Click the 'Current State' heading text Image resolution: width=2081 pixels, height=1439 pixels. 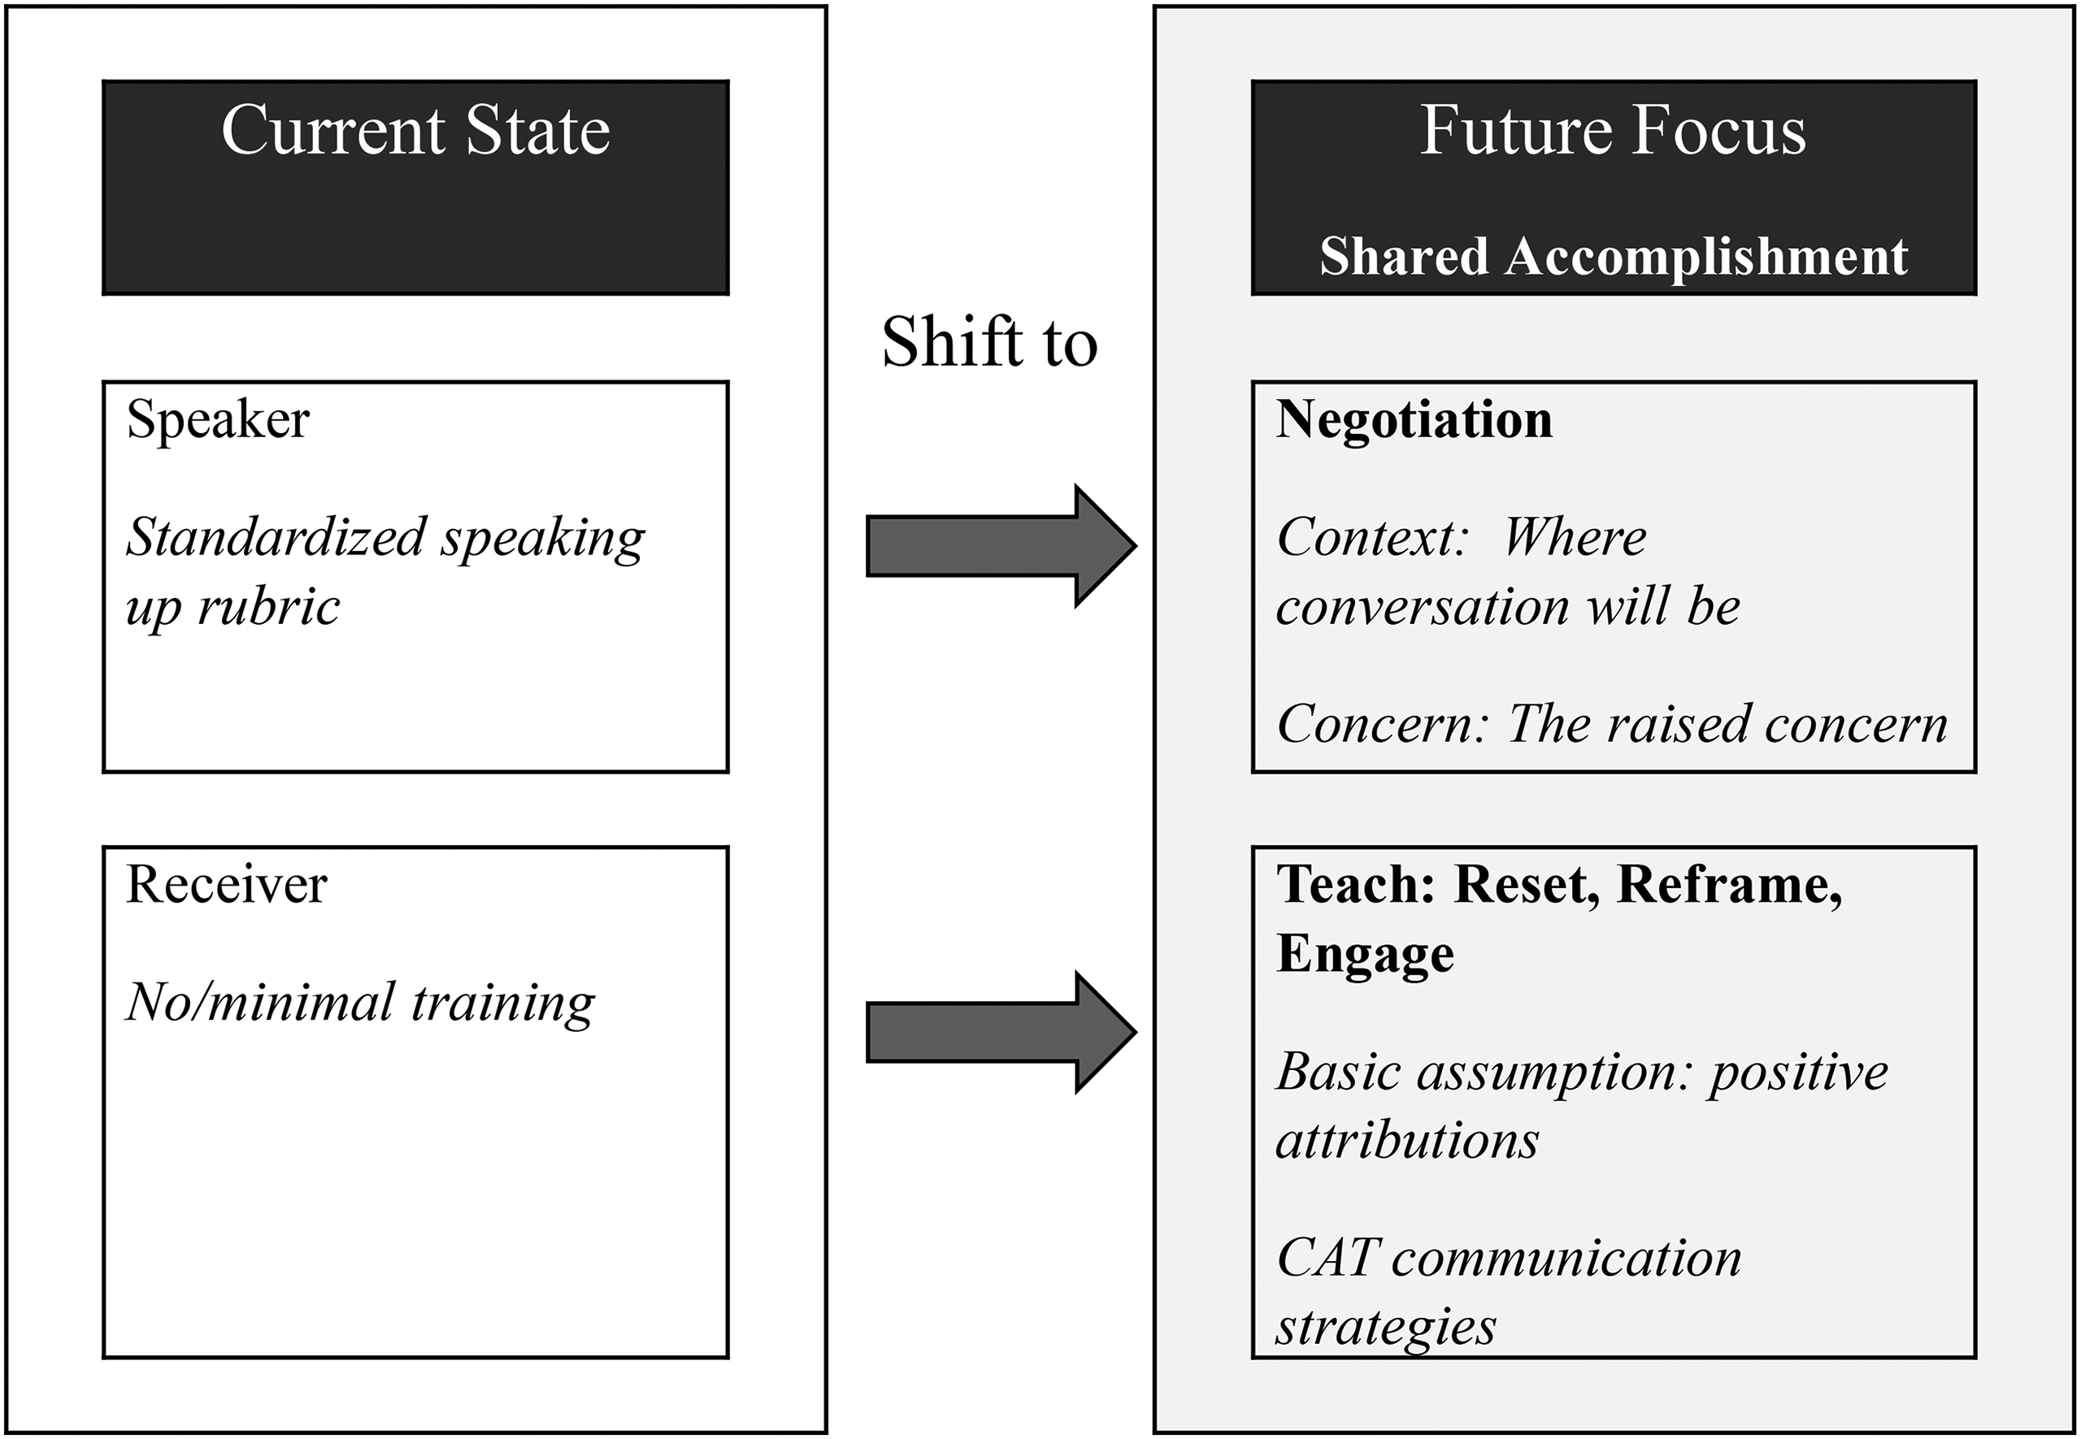point(416,131)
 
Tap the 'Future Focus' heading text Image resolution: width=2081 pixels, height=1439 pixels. point(1613,131)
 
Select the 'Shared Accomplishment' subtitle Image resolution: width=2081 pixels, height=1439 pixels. point(1614,257)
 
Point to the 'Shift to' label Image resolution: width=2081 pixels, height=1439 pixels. point(989,343)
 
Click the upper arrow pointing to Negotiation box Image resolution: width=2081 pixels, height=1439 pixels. point(1001,545)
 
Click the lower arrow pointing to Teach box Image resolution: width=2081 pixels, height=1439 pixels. point(1001,1033)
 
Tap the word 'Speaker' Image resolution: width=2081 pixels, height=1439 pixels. point(219,420)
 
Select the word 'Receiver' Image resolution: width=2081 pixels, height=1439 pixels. point(227,885)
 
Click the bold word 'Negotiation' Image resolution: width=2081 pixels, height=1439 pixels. point(1414,420)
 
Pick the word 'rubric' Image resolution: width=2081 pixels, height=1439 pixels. point(269,606)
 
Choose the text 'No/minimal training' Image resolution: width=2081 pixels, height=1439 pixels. point(361,1003)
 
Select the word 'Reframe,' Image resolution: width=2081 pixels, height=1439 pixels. point(1730,886)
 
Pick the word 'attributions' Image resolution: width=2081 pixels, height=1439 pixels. point(1407,1142)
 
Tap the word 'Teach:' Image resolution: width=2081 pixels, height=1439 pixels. point(1356,885)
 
